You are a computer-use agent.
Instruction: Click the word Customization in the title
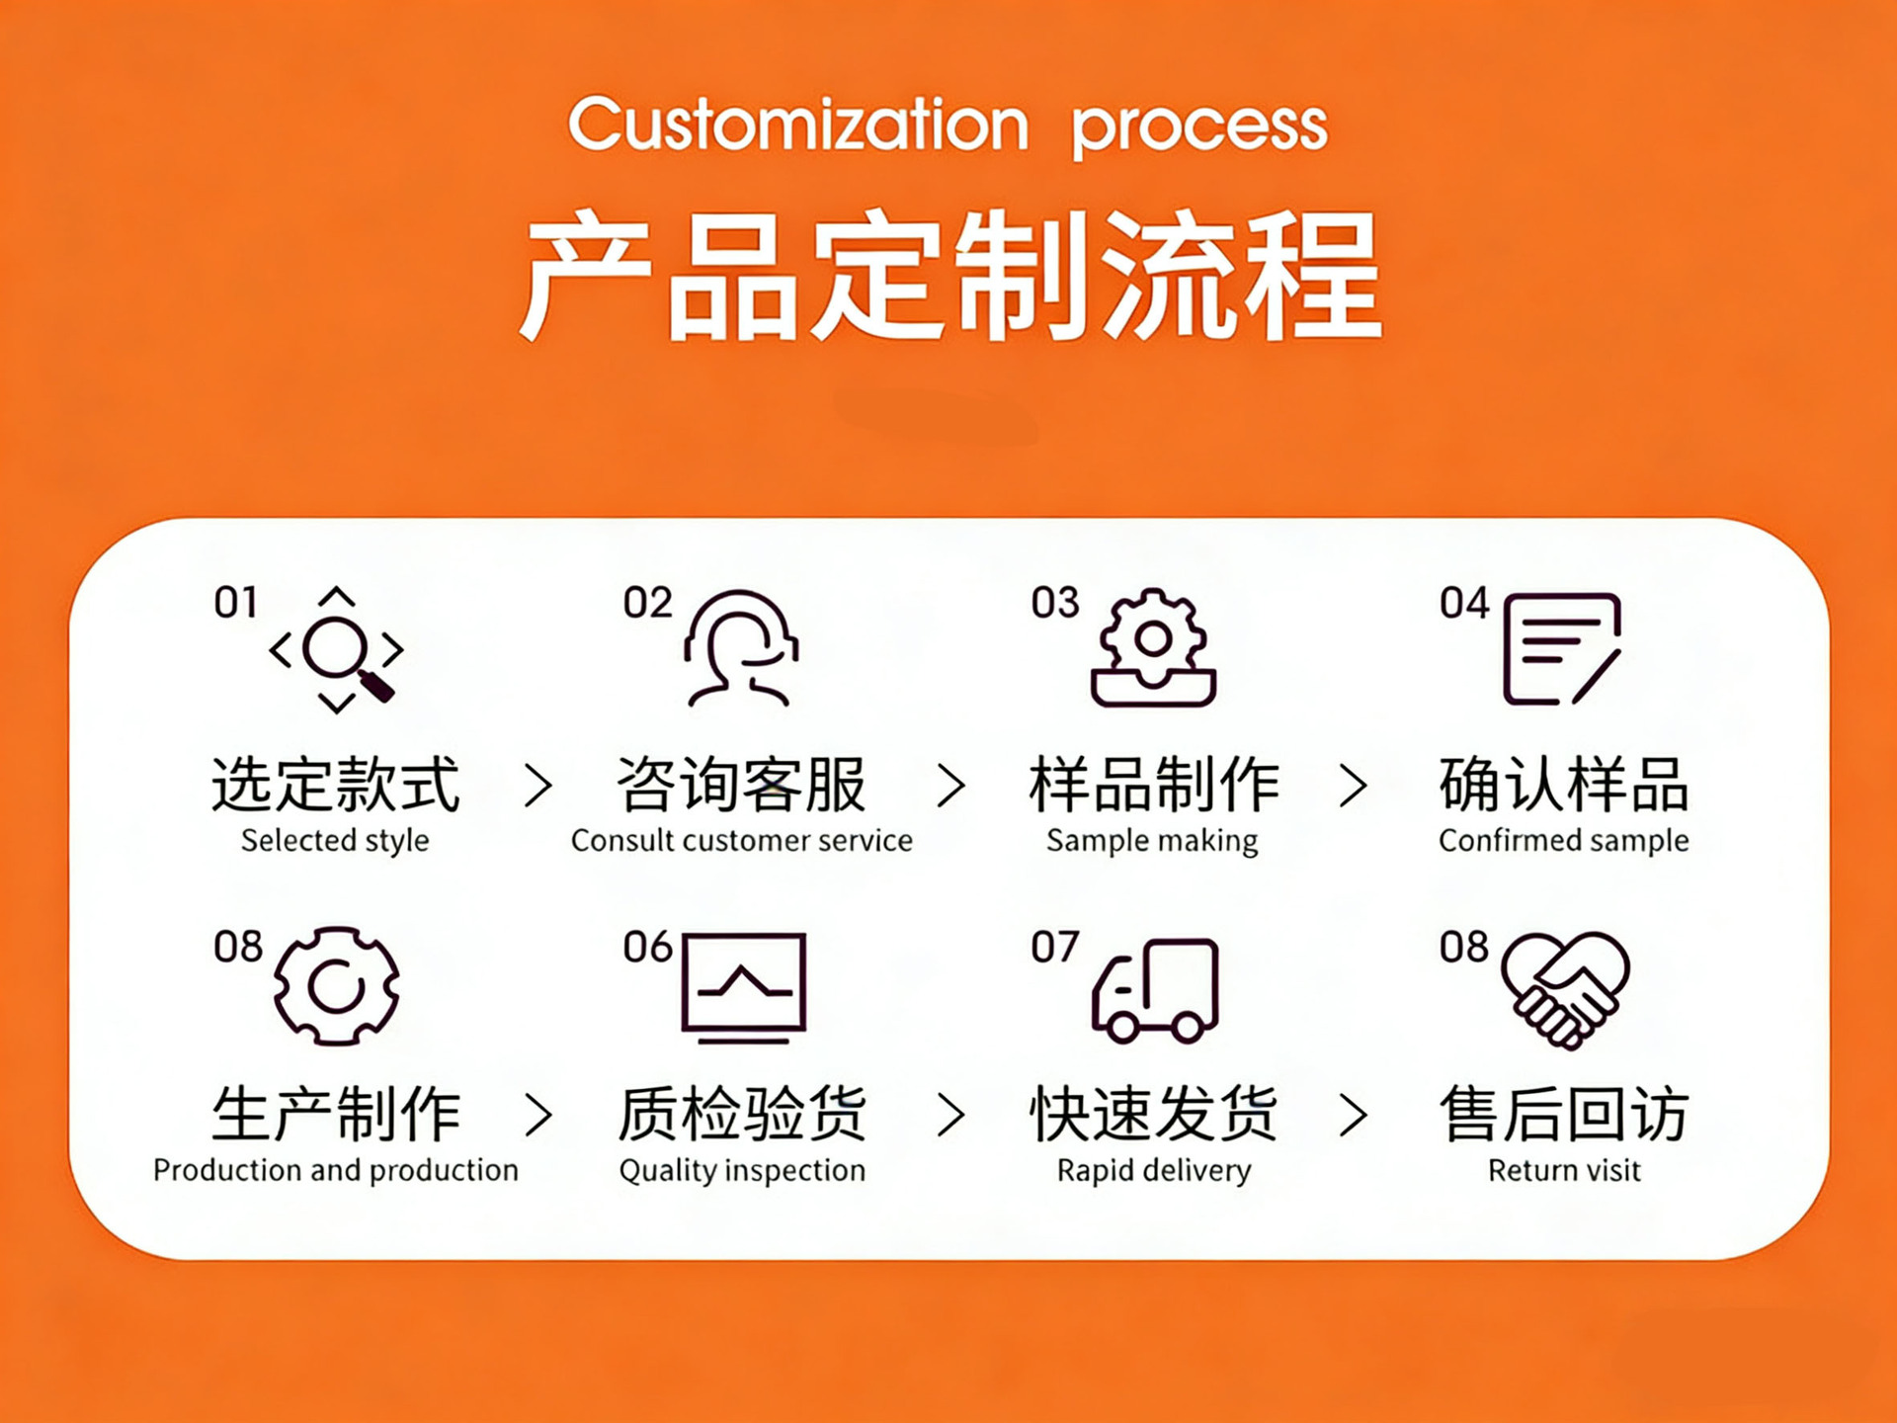tap(798, 125)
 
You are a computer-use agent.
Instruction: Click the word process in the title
tap(1199, 128)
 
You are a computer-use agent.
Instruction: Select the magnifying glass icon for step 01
tap(337, 650)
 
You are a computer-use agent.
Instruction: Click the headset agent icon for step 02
tap(741, 648)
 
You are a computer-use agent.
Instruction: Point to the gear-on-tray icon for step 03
tap(1153, 648)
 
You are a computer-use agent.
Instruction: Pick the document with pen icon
tap(1561, 648)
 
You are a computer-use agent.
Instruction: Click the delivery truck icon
tap(1154, 989)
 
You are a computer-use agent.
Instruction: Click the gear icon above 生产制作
tap(336, 985)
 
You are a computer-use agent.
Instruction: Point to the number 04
tap(1463, 603)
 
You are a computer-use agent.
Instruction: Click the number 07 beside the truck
tap(1054, 947)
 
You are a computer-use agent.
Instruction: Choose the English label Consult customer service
tap(741, 841)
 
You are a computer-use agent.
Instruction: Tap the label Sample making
tap(1152, 841)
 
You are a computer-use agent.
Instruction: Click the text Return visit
tap(1564, 1171)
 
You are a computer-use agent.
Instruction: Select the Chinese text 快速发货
tap(1153, 1114)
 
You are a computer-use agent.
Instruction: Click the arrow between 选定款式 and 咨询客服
tap(537, 786)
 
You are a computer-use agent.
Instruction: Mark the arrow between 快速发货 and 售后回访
tap(1353, 1116)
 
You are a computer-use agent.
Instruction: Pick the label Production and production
tap(336, 1171)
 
